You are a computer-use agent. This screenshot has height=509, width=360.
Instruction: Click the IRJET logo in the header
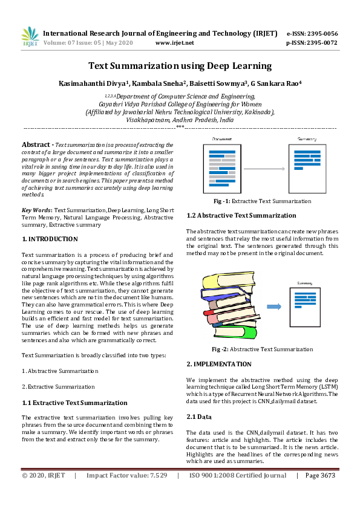[x=30, y=37]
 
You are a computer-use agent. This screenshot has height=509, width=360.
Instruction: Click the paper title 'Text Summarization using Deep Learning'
[x=180, y=66]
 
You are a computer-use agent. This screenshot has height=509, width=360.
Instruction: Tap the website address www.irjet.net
[x=174, y=43]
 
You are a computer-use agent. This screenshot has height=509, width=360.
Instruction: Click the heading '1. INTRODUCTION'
[x=50, y=239]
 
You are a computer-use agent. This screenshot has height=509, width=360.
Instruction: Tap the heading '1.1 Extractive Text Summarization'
[x=74, y=403]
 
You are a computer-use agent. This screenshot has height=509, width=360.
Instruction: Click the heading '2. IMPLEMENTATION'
[x=218, y=364]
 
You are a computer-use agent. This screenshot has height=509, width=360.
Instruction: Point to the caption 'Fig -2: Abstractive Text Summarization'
[x=262, y=349]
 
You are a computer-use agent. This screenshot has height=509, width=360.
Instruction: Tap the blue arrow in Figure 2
[x=275, y=306]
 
